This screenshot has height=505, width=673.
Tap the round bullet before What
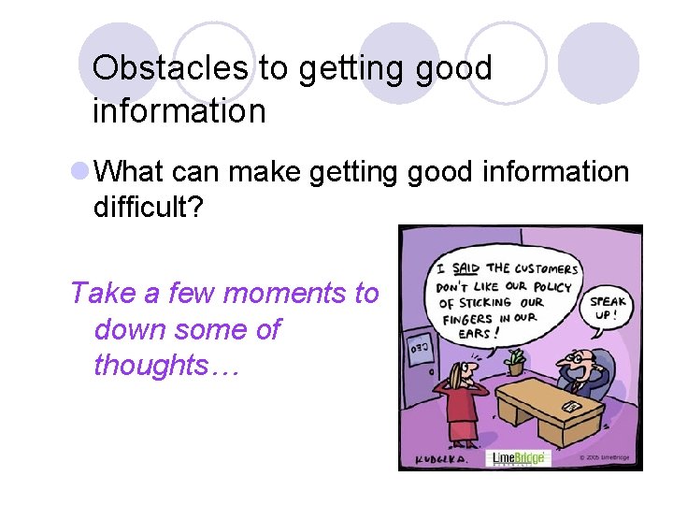pos(80,172)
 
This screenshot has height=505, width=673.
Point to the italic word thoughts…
pos(166,366)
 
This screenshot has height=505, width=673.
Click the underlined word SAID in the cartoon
pos(466,267)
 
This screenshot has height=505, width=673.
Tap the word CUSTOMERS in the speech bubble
pos(548,269)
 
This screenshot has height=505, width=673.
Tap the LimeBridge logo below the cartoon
pos(519,458)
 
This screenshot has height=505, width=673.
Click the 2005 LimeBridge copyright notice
pos(604,457)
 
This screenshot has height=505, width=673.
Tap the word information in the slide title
pos(179,112)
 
